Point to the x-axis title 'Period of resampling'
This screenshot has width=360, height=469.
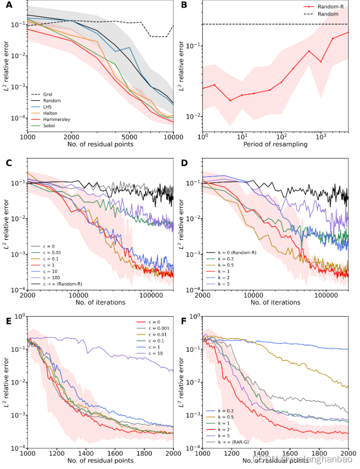tap(276, 145)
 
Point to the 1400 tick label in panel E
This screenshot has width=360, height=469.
tap(85, 453)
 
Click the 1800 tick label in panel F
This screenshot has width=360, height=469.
tap(319, 453)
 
